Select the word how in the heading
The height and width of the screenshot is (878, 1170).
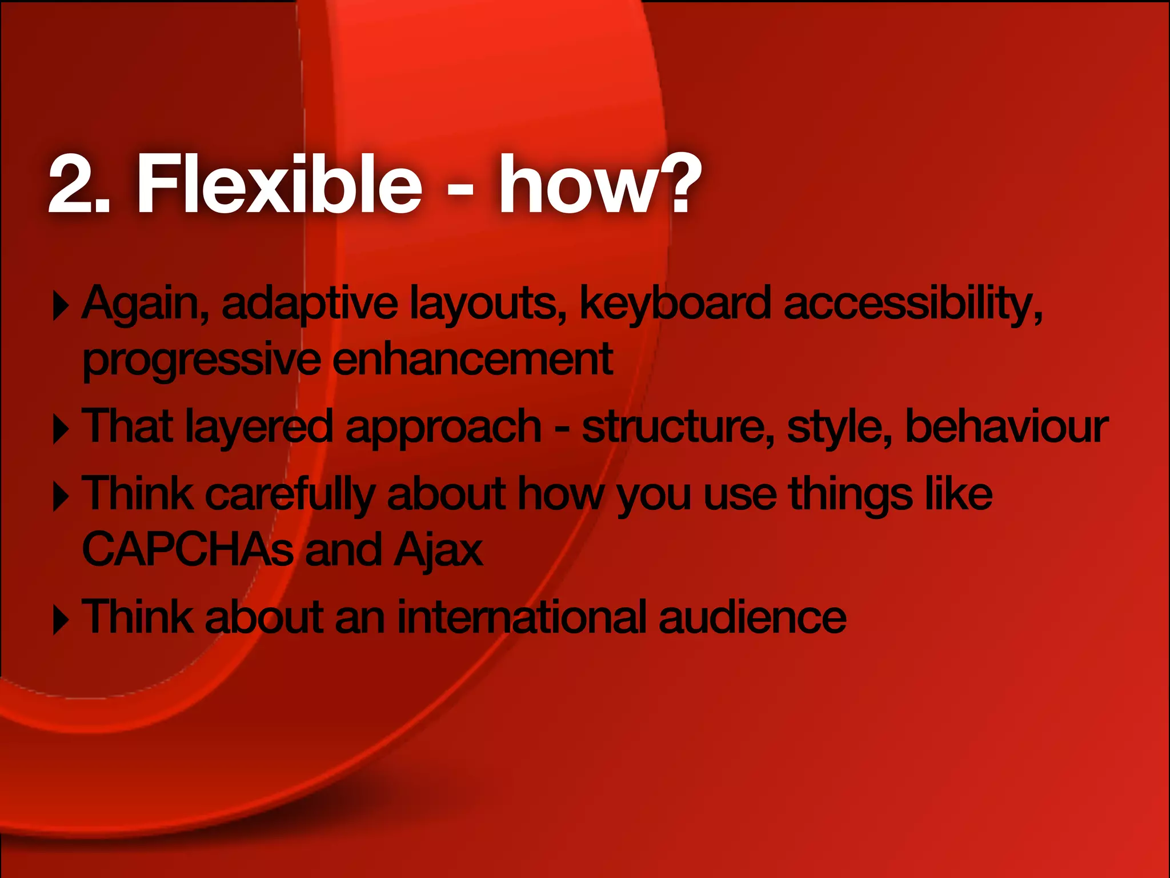[577, 185]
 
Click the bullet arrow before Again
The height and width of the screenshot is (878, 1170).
[60, 306]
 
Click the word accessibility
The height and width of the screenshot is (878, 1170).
[912, 305]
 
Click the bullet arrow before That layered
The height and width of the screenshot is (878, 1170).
[60, 430]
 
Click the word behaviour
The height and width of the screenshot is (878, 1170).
[1007, 426]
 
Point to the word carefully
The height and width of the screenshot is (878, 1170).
[290, 495]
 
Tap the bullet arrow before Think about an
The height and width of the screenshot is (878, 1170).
[60, 621]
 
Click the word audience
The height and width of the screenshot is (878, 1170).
[752, 617]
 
